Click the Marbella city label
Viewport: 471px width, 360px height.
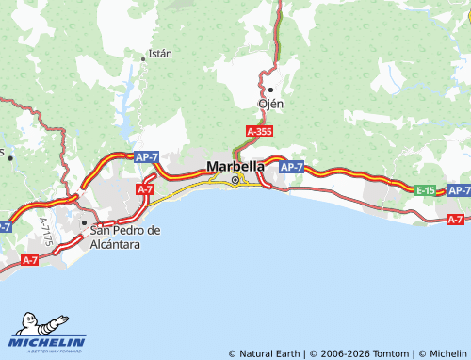(x=235, y=166)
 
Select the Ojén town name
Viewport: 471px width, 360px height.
(x=271, y=104)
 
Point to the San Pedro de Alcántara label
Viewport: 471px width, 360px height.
(x=125, y=237)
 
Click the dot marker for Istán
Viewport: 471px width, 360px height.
(x=143, y=57)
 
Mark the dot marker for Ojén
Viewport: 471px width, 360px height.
(x=271, y=90)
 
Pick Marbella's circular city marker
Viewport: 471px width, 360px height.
(x=235, y=179)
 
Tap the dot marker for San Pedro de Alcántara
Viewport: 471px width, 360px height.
(x=85, y=223)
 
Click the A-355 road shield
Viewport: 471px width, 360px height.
(x=259, y=133)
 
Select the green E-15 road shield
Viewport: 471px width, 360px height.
(x=426, y=190)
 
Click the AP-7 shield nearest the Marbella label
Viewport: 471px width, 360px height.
(x=292, y=167)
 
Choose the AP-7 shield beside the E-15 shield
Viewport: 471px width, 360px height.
(x=459, y=190)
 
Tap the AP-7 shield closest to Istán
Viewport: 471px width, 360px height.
(x=146, y=156)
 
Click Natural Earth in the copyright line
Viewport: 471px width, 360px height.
(x=267, y=353)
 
